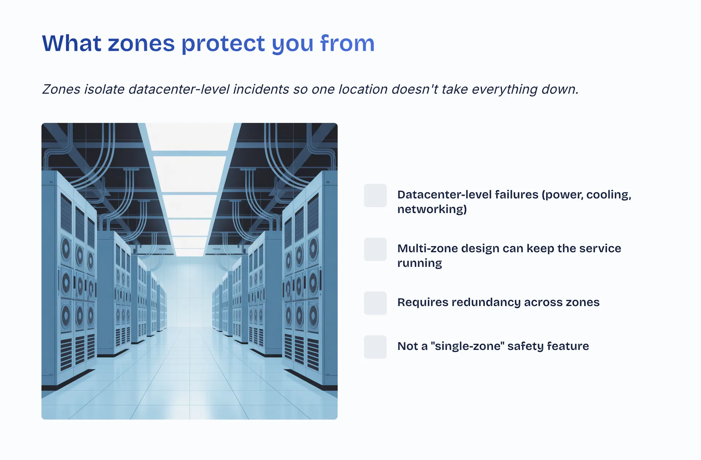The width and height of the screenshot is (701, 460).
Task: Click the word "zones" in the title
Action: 141,44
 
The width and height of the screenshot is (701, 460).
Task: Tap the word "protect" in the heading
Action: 223,44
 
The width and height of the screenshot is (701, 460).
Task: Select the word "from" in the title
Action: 347,43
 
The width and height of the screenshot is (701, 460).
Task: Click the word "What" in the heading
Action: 72,43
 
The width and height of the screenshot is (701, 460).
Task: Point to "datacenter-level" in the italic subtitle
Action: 179,89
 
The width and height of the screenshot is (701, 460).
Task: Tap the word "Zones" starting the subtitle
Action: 61,89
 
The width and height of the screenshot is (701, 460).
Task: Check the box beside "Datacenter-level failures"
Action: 375,196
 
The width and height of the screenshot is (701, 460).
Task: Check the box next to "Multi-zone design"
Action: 375,249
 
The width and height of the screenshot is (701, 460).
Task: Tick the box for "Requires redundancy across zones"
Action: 375,303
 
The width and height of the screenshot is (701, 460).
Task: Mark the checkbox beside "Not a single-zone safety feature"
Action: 375,347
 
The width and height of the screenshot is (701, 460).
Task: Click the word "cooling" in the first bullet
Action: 609,195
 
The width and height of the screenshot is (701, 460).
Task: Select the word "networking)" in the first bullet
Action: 432,210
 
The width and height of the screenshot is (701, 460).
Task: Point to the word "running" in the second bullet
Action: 420,264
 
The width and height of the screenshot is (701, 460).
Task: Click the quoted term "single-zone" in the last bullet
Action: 466,346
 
